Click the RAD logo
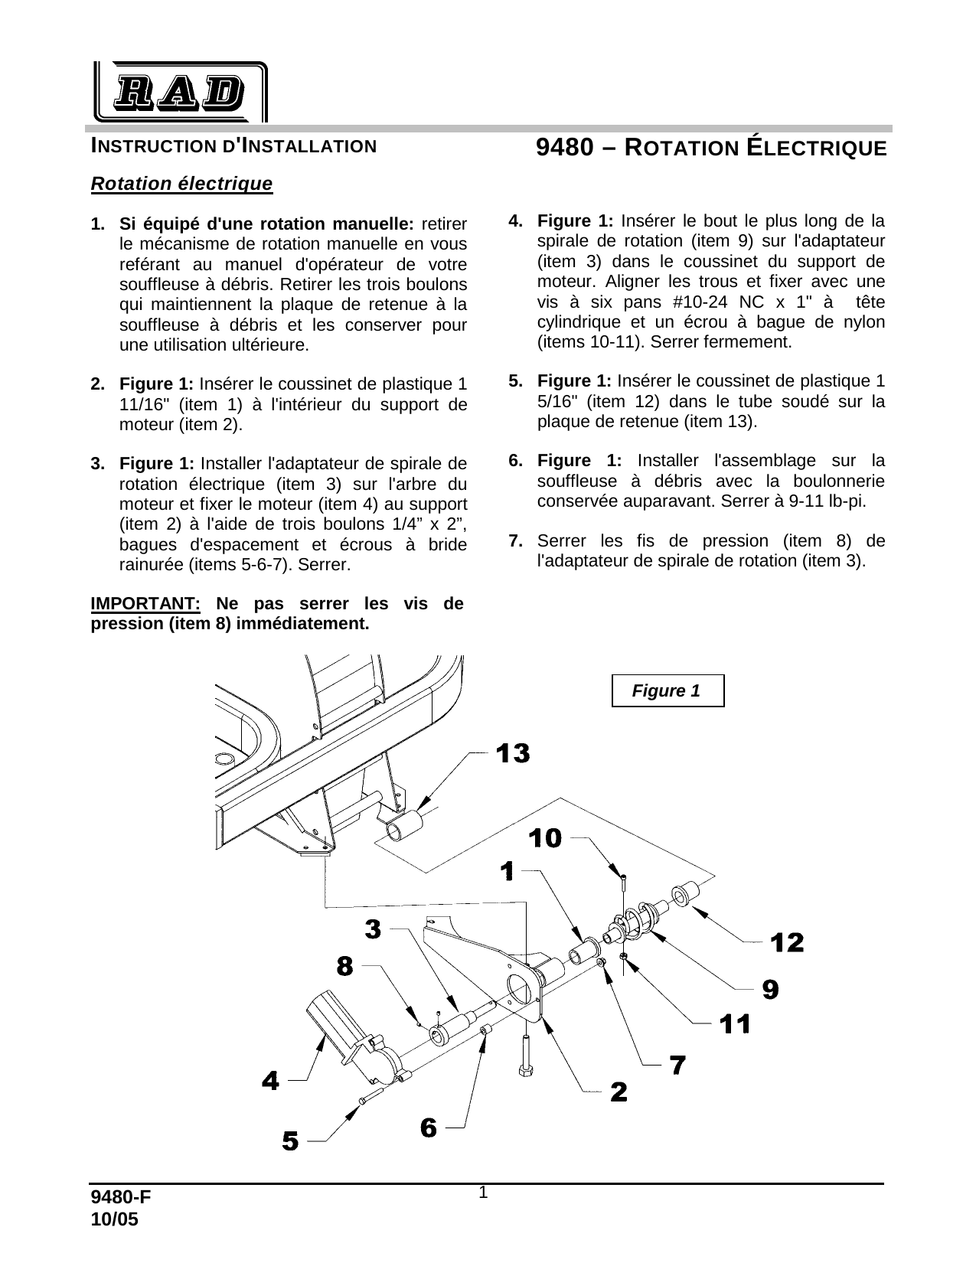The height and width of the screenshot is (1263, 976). pos(180,92)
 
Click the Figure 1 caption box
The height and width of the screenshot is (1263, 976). pos(668,690)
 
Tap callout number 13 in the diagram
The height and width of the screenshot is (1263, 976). pos(512,754)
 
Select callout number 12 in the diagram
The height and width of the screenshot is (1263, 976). pos(787,942)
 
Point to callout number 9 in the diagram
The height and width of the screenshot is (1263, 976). pos(770,990)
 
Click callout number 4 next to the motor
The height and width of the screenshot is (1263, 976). pos(270,1081)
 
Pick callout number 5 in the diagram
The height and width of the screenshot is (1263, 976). pos(290,1141)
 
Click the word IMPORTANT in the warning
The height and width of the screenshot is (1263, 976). pos(145,603)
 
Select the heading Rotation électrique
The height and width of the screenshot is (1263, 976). pos(181,184)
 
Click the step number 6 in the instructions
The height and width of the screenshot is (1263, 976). pos(516,460)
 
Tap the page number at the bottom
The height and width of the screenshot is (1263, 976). pos(483,1193)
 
